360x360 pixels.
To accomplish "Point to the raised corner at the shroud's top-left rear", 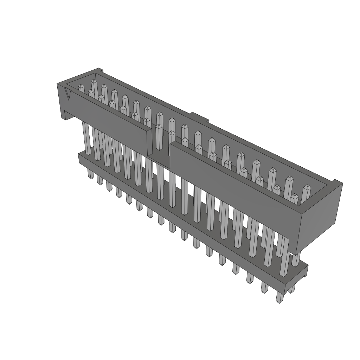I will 99,70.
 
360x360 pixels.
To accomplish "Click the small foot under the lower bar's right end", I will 291,289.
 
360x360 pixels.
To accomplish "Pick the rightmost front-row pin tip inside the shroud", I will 294,199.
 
